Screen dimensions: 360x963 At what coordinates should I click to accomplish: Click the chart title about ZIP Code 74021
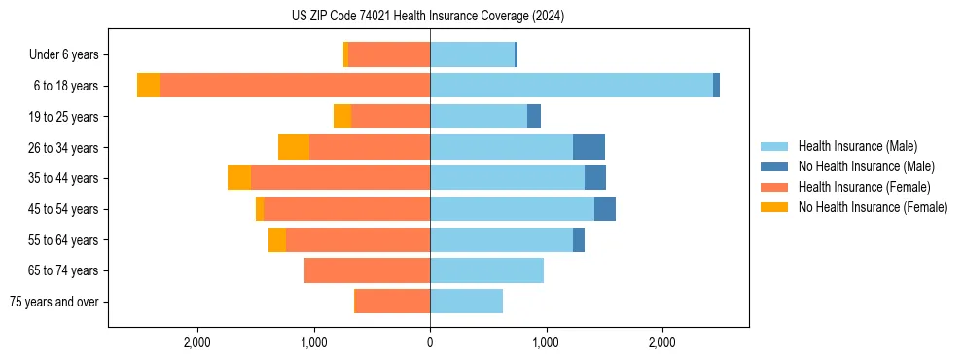428,17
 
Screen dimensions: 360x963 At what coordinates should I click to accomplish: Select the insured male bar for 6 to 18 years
571,86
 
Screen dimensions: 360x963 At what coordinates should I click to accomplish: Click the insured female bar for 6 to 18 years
295,86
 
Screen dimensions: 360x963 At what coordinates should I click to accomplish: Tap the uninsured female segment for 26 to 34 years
294,147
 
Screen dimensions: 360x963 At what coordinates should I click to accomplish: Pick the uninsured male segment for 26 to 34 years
588,147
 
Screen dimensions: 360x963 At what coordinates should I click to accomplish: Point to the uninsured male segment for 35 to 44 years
595,178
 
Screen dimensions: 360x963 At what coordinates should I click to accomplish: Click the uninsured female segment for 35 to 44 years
239,178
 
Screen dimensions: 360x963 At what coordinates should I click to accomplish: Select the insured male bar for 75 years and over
466,302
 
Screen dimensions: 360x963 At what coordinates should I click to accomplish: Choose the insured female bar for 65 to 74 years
367,270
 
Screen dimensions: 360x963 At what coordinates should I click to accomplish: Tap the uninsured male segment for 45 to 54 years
605,209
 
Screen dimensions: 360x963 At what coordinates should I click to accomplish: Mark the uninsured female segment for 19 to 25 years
342,117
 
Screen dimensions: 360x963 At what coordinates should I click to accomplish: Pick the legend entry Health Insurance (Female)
865,187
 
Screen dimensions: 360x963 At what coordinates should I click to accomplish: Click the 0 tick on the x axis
430,343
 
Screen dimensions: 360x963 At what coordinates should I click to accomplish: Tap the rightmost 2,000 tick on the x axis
661,343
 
